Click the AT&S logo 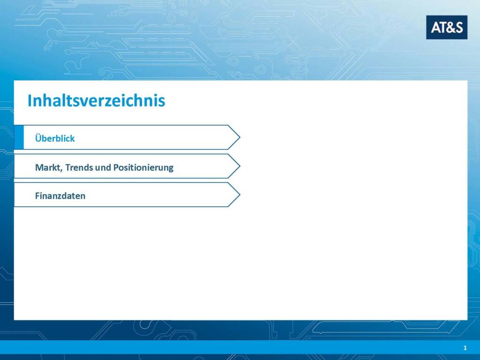click(x=447, y=27)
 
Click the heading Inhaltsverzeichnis click(x=97, y=100)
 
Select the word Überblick click(x=55, y=138)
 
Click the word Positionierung click(x=143, y=168)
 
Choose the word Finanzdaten click(x=60, y=196)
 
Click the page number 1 click(x=465, y=348)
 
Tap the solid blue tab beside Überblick click(x=19, y=137)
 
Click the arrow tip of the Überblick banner click(x=240, y=137)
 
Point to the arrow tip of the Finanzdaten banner click(x=240, y=195)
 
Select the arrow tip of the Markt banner click(x=240, y=166)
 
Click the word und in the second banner click(x=103, y=168)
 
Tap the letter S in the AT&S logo click(x=458, y=28)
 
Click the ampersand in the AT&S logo click(x=448, y=28)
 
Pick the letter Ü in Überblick click(x=38, y=138)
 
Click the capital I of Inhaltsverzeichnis click(x=30, y=101)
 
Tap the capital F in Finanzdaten click(x=37, y=196)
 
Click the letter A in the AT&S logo click(x=435, y=28)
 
